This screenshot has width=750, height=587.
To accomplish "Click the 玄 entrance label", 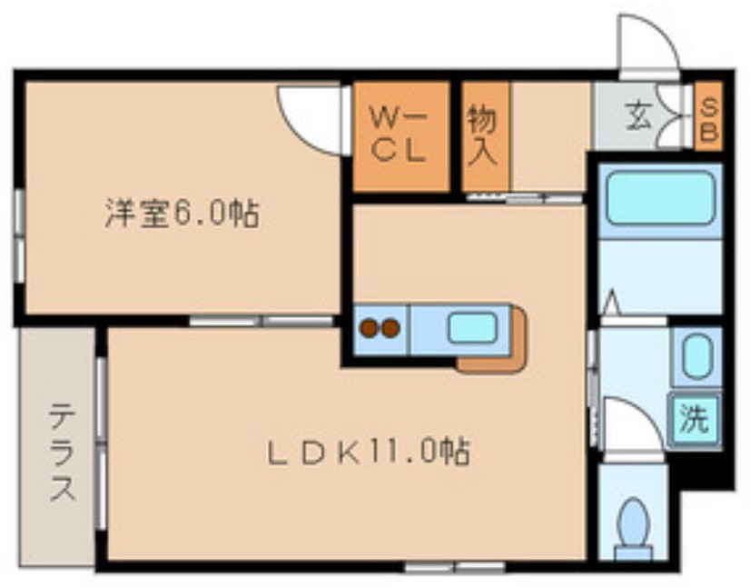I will pos(637,115).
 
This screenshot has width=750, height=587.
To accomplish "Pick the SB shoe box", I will pos(708,115).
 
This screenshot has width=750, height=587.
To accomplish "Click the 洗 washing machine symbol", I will pos(694,420).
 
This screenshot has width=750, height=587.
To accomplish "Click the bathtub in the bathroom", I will pos(659,197).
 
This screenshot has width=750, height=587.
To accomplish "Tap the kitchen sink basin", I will pos(471,327).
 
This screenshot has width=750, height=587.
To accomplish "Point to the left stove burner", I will pos(370,327).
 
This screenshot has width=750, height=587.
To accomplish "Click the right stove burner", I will pos(391,327).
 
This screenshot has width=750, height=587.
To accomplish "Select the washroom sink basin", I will pos(697,357).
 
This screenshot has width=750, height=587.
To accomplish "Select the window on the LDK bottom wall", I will pos(454,567).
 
